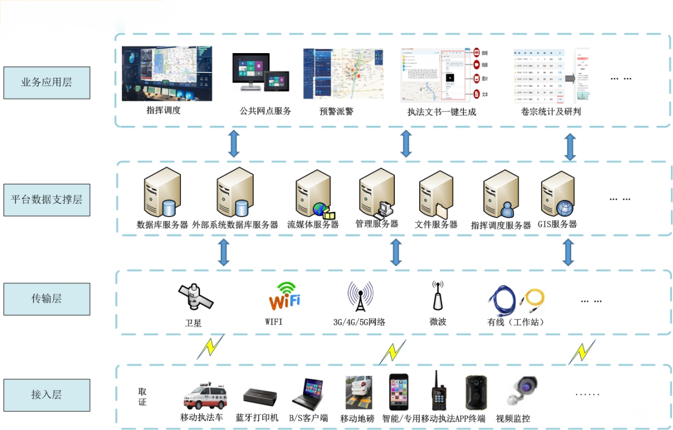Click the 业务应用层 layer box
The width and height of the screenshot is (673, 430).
click(x=46, y=83)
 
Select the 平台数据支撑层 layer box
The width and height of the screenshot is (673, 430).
click(x=46, y=200)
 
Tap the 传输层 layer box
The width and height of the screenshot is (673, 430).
click(x=46, y=299)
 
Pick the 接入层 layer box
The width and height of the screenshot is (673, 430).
click(x=46, y=395)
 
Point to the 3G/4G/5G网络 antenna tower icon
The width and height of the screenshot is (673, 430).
click(x=360, y=297)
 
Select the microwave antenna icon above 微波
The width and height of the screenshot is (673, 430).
click(x=438, y=296)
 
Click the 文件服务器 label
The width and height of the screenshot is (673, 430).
click(x=436, y=225)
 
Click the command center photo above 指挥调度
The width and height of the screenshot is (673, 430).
click(x=167, y=73)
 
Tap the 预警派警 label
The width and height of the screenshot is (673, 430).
click(x=336, y=111)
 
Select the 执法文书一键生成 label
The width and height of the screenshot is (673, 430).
click(x=441, y=112)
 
